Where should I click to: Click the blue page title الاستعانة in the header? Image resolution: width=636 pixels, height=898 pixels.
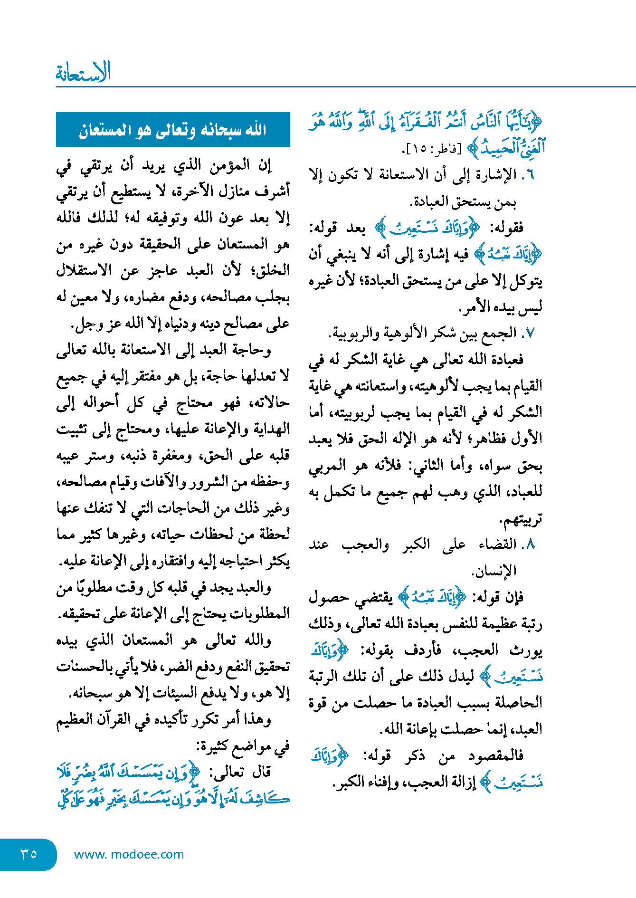pos(83,73)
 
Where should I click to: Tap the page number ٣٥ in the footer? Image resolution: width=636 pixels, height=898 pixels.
pos(28,854)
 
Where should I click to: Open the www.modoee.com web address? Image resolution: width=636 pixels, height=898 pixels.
pos(129,854)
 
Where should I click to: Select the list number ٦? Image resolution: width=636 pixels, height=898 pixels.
pos(530,175)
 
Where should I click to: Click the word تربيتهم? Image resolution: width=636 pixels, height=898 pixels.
pos(521,518)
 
